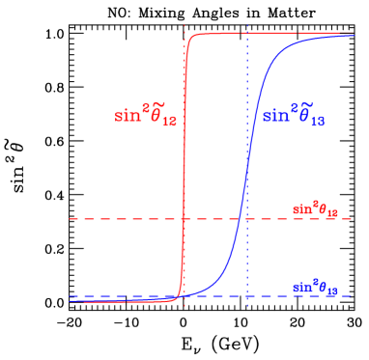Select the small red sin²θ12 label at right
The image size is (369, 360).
click(315, 208)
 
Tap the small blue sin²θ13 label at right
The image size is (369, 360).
click(315, 286)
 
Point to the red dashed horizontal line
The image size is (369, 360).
click(116, 219)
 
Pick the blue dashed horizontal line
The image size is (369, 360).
click(116, 296)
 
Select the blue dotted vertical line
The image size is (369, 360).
click(247, 97)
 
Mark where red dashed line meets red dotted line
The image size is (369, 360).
click(184, 219)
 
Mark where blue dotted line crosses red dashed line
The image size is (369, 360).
click(247, 219)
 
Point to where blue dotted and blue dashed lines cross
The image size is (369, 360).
click(247, 296)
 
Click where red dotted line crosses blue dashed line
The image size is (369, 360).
click(184, 296)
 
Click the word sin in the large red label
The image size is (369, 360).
click(126, 116)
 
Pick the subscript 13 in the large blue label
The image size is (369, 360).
click(316, 124)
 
